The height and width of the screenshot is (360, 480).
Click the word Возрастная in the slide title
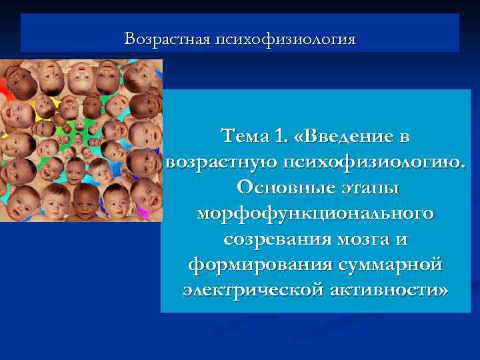(167, 39)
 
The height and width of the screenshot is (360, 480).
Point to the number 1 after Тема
(278, 137)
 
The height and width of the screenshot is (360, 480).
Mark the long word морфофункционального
(315, 214)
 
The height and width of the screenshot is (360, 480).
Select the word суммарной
(385, 265)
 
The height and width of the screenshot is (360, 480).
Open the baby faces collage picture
(81, 140)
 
